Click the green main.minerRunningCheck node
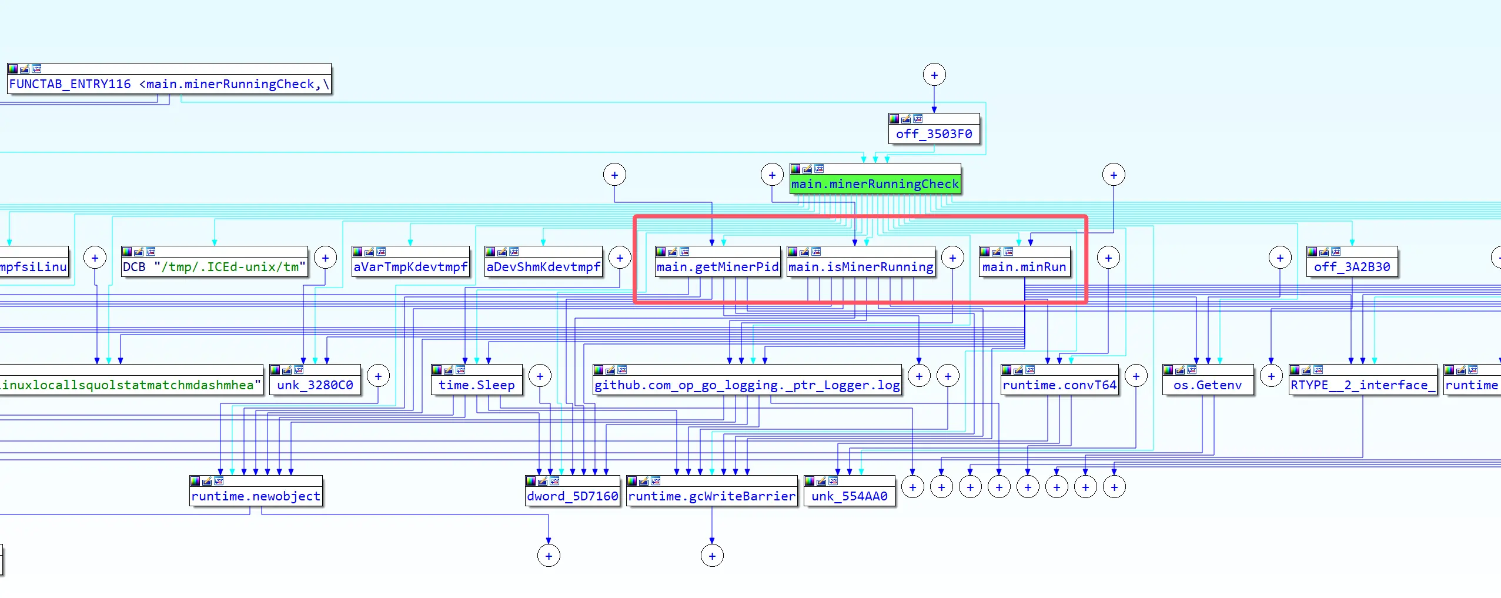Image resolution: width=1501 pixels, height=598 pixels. [x=875, y=184]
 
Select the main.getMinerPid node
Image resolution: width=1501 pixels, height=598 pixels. [x=717, y=267]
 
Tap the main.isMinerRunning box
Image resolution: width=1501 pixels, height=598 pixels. [x=861, y=267]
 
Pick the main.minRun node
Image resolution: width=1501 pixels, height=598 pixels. [x=1024, y=267]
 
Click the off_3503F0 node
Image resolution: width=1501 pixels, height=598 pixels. [x=934, y=134]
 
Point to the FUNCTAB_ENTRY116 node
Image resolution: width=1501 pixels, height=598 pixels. [x=169, y=84]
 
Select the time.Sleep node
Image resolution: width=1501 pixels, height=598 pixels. [x=476, y=385]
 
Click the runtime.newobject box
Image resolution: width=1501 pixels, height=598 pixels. [x=256, y=496]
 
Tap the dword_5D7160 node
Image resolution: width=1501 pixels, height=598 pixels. [x=573, y=496]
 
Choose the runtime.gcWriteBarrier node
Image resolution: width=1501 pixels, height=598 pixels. [x=711, y=496]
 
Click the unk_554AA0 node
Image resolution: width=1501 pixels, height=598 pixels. [x=849, y=496]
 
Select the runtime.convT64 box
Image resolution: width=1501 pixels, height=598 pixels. [x=1059, y=385]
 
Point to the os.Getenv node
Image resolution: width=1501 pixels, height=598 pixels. [x=1208, y=385]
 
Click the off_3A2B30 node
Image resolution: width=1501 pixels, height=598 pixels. [x=1352, y=267]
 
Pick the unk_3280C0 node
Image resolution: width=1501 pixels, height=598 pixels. [x=315, y=385]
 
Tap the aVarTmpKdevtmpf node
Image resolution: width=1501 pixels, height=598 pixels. [x=410, y=267]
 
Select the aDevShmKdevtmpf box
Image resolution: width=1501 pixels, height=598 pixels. [x=543, y=267]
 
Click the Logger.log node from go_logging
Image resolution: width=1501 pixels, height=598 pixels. [x=747, y=385]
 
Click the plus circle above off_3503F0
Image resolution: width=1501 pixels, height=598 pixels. [x=934, y=75]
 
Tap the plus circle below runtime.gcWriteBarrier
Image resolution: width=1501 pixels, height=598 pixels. [x=712, y=556]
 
